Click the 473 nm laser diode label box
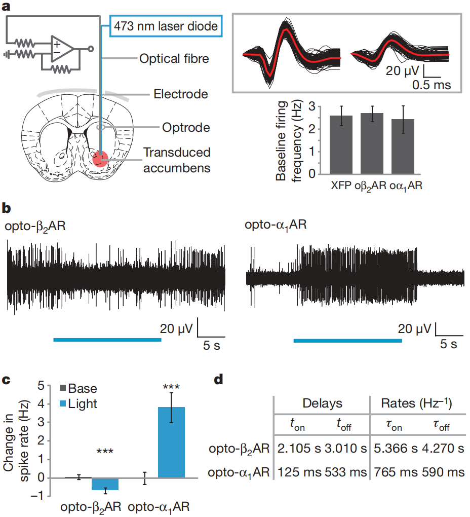[166, 25]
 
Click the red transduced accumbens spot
[100, 159]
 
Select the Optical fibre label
[174, 59]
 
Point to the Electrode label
[181, 94]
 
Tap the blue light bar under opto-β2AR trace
[107, 340]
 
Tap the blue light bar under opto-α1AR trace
[347, 340]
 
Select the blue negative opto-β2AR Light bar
[105, 484]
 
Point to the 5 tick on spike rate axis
[41, 386]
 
